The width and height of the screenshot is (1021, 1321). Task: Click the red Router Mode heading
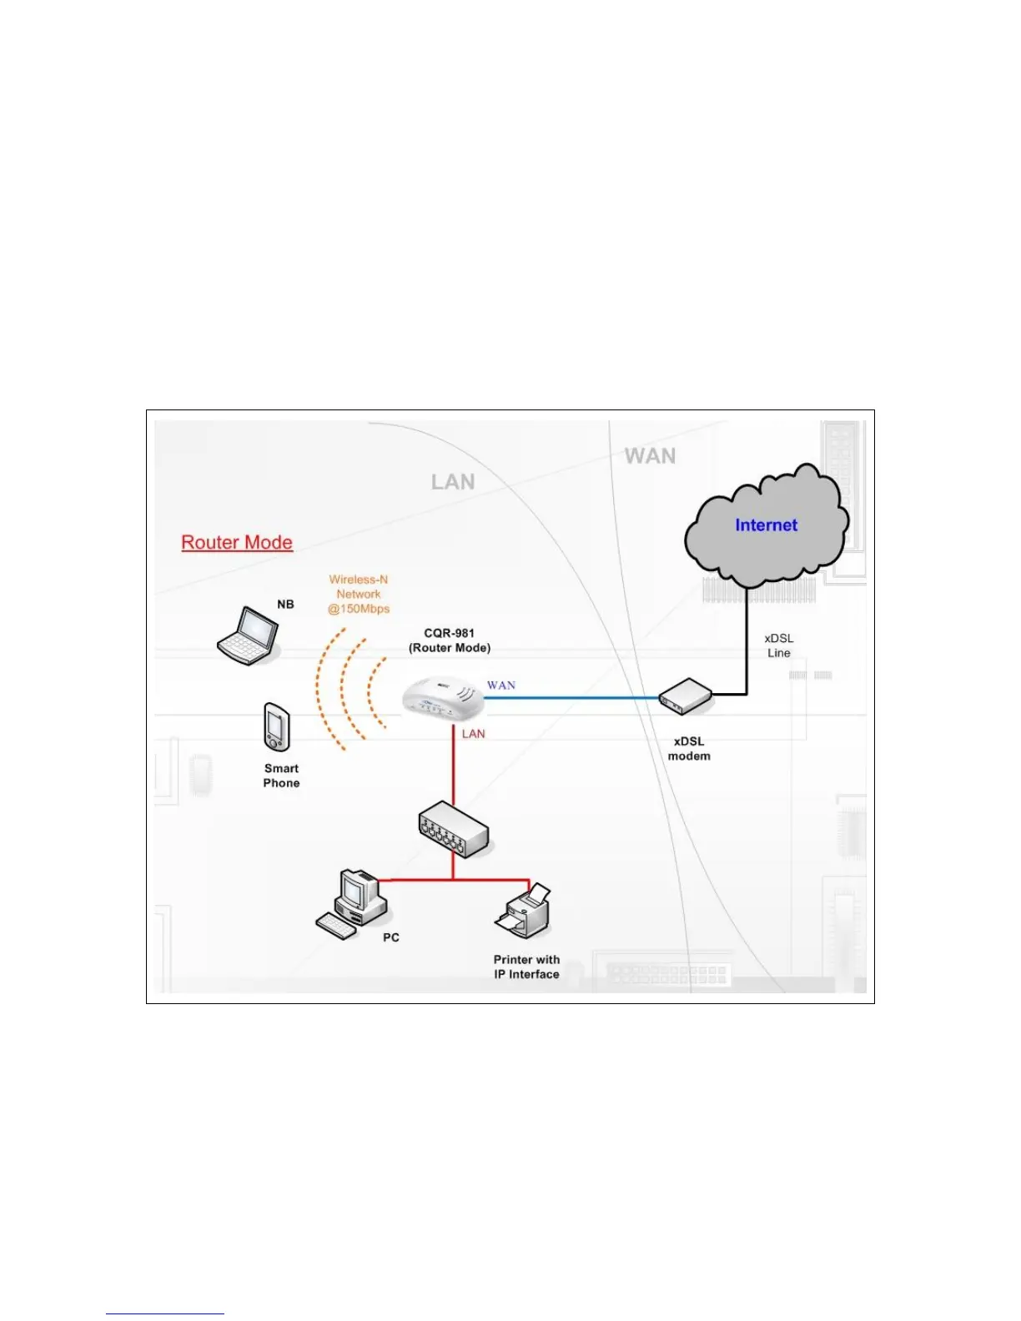[237, 542]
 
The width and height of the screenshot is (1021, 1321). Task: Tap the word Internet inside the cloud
[766, 525]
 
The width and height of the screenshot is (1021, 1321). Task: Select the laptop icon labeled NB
[248, 635]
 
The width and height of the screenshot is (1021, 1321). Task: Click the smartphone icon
[276, 727]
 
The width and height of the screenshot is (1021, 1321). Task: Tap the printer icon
[524, 913]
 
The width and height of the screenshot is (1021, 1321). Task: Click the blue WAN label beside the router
[501, 686]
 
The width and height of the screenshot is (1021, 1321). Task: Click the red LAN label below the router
[474, 734]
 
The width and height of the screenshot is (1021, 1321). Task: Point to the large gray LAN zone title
[453, 482]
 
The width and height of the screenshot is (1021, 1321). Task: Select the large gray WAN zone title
[650, 456]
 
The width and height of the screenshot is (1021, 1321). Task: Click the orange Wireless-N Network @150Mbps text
[359, 594]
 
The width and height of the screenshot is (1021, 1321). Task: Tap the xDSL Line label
[779, 645]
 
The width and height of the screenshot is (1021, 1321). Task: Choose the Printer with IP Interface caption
[526, 967]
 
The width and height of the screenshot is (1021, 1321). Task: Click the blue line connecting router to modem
[576, 698]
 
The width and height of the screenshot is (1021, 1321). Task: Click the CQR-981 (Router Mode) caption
[450, 640]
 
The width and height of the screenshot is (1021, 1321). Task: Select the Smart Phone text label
[281, 776]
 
